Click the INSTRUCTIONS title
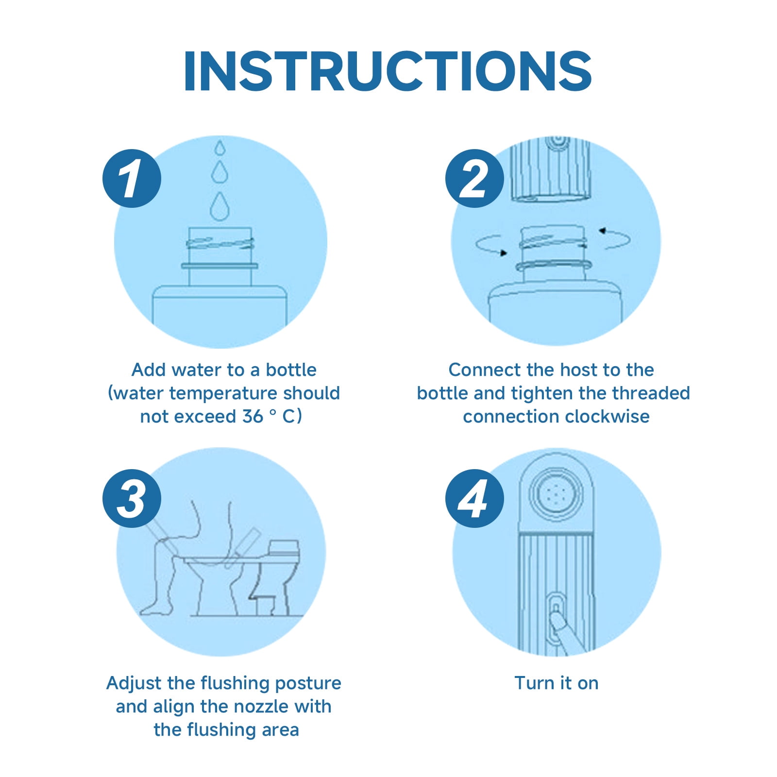tap(388, 71)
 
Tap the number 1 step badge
tap(132, 179)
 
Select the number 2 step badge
tap(474, 179)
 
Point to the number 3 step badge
tap(132, 498)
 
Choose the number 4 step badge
tap(474, 498)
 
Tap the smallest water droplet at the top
tap(220, 148)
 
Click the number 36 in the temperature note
tap(252, 416)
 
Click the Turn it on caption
tap(557, 683)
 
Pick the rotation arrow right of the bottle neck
tap(615, 238)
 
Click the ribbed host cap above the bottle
tap(551, 170)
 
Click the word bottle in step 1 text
tap(291, 370)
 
